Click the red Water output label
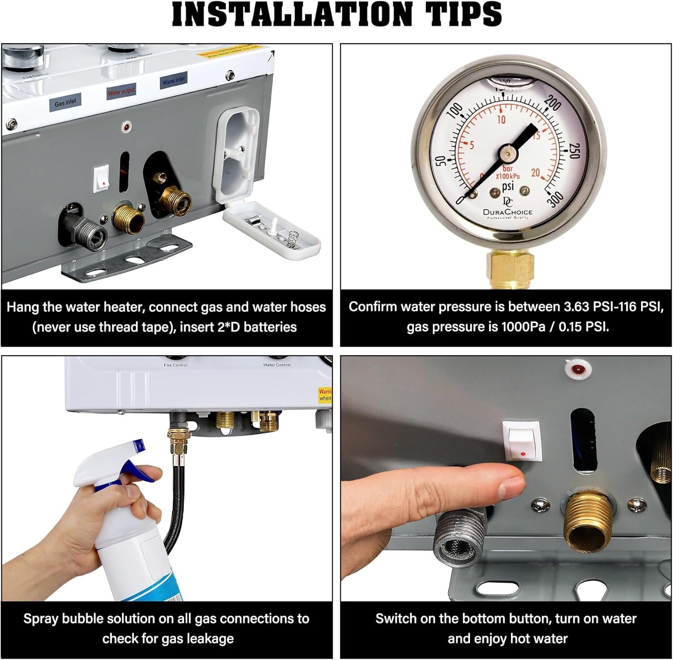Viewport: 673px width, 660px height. pyautogui.click(x=121, y=92)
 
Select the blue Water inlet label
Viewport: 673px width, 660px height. pyautogui.click(x=173, y=81)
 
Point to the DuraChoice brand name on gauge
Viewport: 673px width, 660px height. pyautogui.click(x=507, y=212)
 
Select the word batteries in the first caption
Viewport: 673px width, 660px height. pyautogui.click(x=270, y=327)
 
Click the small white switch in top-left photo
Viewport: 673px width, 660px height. pyautogui.click(x=101, y=179)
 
